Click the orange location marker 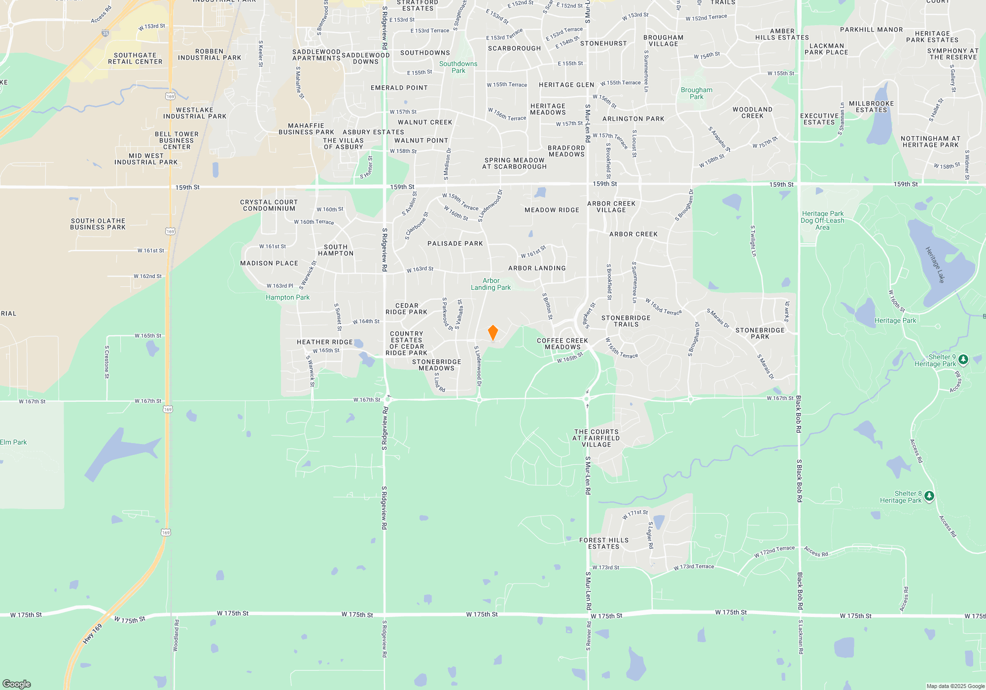pyautogui.click(x=493, y=333)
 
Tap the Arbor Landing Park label pyautogui.click(x=491, y=284)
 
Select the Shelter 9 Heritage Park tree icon pyautogui.click(x=963, y=359)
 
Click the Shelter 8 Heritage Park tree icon pyautogui.click(x=929, y=496)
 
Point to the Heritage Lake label pyautogui.click(x=935, y=265)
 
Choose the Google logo pyautogui.click(x=17, y=684)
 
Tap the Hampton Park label pyautogui.click(x=288, y=298)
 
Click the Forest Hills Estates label pyautogui.click(x=604, y=544)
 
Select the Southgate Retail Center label pyautogui.click(x=135, y=59)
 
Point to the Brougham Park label pyautogui.click(x=697, y=93)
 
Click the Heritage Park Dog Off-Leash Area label pyautogui.click(x=822, y=220)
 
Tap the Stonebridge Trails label pyautogui.click(x=626, y=321)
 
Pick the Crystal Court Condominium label pyautogui.click(x=269, y=206)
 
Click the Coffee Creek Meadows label pyautogui.click(x=563, y=344)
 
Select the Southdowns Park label pyautogui.click(x=458, y=67)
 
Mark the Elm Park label pyautogui.click(x=13, y=442)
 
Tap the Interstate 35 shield pyautogui.click(x=105, y=34)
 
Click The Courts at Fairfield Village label pyautogui.click(x=596, y=438)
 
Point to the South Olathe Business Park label pyautogui.click(x=98, y=224)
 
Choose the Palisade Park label pyautogui.click(x=455, y=243)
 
